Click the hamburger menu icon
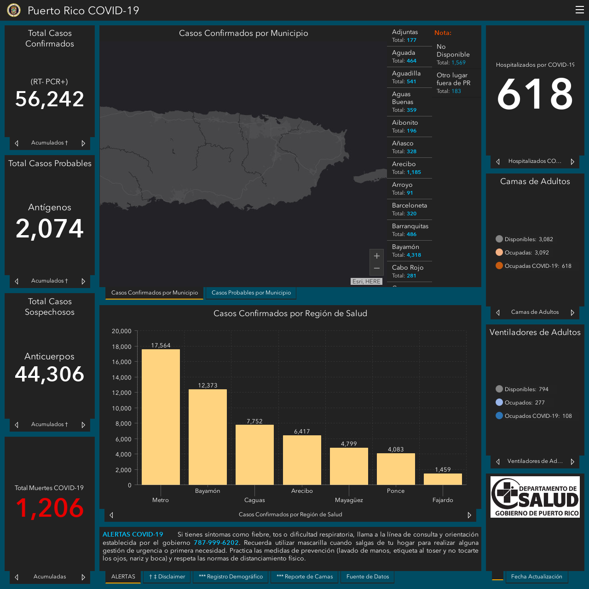579,10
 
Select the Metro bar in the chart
161,417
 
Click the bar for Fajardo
443,479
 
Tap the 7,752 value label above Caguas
254,421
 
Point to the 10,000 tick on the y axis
121,408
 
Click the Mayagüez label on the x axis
349,500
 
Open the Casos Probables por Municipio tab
251,293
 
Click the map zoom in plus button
376,255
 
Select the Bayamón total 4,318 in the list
414,255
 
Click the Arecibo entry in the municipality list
409,168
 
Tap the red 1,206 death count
50,508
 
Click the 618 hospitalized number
535,93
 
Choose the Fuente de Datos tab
367,577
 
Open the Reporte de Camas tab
305,577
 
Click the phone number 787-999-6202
216,543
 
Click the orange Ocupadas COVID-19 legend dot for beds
499,266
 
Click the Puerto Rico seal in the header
14,10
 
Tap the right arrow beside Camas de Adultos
572,312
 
